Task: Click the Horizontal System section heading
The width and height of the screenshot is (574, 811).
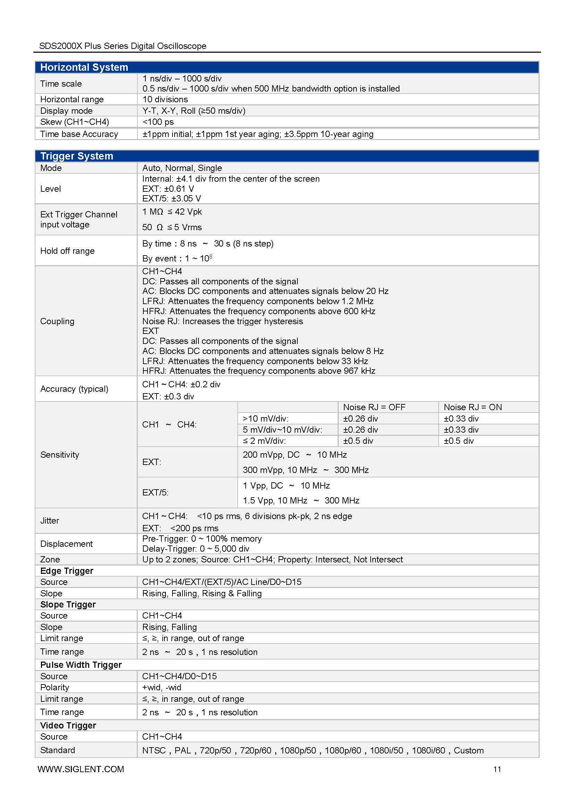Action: point(84,67)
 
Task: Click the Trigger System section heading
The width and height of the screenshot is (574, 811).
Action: point(77,156)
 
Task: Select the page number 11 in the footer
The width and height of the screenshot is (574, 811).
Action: point(497,769)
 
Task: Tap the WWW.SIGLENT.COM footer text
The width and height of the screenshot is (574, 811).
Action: point(81,769)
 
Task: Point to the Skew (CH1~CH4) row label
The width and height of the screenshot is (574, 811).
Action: point(75,122)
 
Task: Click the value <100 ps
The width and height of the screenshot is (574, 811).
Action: point(158,122)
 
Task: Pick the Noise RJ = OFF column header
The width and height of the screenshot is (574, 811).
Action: point(374,407)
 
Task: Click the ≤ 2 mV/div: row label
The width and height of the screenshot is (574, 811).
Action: point(264,441)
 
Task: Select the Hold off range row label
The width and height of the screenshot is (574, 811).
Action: point(68,251)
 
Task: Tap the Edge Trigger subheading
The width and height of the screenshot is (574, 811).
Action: point(67,571)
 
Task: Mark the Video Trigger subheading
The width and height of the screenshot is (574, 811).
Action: point(68,725)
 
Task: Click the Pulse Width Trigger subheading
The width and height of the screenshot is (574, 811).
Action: point(81,665)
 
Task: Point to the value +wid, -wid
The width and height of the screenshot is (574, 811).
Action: point(161,687)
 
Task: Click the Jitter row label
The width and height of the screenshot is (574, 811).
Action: point(50,520)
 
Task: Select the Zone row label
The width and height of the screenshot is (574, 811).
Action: point(50,559)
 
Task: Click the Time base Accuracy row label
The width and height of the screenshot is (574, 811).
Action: point(79,134)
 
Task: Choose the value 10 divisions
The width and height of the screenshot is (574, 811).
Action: point(165,99)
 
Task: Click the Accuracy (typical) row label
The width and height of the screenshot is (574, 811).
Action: point(74,389)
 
